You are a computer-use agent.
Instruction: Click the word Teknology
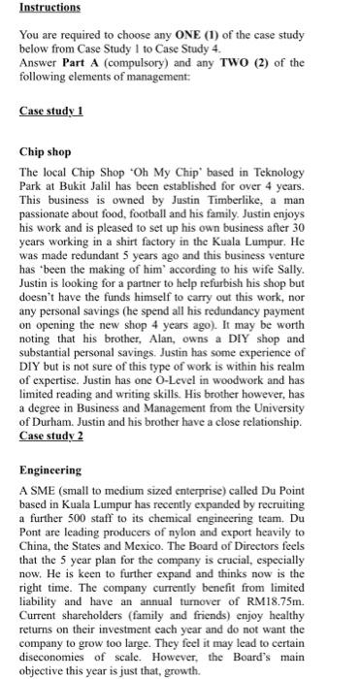pos(265,171)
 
